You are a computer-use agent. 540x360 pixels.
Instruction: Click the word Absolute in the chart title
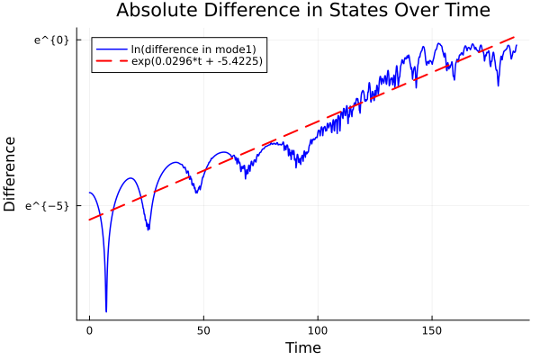tap(156, 11)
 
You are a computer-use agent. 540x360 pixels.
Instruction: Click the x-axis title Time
tap(302, 347)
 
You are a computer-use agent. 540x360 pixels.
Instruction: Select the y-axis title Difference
tap(11, 174)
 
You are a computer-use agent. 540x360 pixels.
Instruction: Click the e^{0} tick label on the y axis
tap(51, 40)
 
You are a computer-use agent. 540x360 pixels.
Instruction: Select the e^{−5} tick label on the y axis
tap(49, 206)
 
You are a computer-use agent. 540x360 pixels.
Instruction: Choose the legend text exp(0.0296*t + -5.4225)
tap(199, 61)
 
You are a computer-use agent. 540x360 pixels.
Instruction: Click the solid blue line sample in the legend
tap(112, 49)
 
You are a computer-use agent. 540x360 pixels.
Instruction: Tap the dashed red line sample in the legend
tap(112, 61)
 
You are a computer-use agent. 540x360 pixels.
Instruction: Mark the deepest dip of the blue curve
tap(106, 311)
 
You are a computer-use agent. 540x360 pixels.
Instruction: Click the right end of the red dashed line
tap(516, 37)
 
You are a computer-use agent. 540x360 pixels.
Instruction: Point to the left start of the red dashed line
tap(89, 220)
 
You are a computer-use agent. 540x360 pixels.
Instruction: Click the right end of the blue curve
tap(517, 45)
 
